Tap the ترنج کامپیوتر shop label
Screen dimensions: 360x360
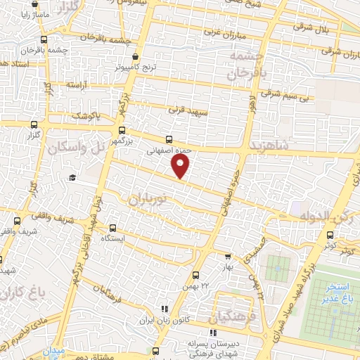(x=136, y=70)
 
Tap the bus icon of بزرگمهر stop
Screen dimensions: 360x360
(x=122, y=131)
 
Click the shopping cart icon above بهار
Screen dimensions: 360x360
(x=227, y=257)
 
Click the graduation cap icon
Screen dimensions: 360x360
(x=72, y=177)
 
